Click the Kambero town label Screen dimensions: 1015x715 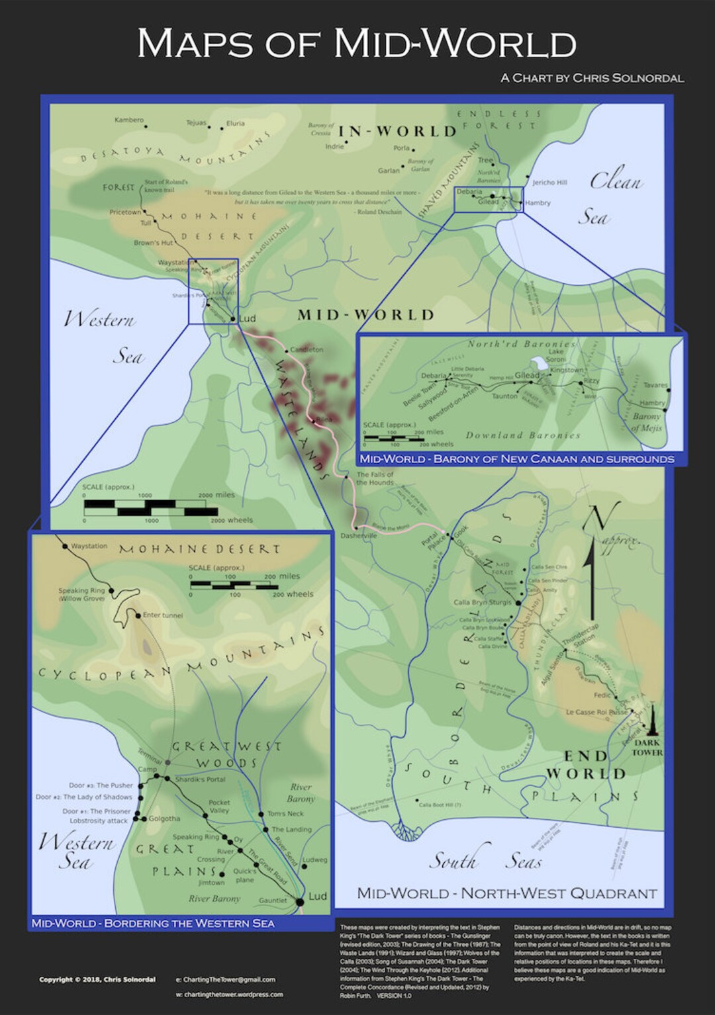(x=128, y=120)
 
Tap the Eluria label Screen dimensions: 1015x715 (x=235, y=123)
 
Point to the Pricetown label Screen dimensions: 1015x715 (x=125, y=212)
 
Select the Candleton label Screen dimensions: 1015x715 (x=307, y=349)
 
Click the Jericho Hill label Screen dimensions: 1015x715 (x=549, y=183)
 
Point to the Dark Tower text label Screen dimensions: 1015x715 (x=647, y=748)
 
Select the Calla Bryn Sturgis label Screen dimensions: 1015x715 (x=483, y=603)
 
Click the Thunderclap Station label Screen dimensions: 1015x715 (x=581, y=636)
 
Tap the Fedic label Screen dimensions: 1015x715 (x=602, y=695)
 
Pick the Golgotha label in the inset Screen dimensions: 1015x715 (x=164, y=818)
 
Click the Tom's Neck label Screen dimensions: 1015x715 (x=285, y=814)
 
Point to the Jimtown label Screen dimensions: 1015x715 (x=211, y=883)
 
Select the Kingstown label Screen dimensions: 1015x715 (x=567, y=370)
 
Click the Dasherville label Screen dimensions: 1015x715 (x=358, y=536)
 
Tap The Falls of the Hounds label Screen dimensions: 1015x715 (x=375, y=478)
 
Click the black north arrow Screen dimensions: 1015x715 (x=591, y=582)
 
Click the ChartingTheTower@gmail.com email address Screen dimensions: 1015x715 (x=229, y=979)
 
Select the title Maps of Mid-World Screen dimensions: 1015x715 (x=357, y=44)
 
